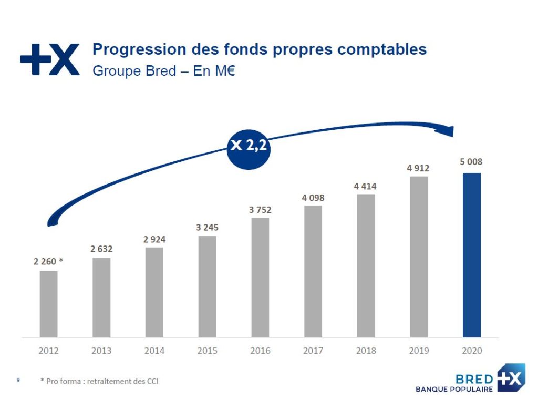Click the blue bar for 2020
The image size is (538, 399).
472,255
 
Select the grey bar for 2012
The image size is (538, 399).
49,304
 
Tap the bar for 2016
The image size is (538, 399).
260,278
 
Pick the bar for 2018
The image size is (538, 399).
366,266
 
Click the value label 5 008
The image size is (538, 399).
471,162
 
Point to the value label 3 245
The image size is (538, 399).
207,227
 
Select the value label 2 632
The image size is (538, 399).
101,249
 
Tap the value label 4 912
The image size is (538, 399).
418,168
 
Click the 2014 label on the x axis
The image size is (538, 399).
154,351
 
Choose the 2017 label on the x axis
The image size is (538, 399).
313,351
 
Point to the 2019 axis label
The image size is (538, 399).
419,351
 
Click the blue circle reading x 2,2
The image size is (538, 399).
249,149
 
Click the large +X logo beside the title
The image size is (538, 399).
50,59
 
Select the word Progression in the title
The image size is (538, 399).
139,49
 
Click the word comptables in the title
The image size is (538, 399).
382,49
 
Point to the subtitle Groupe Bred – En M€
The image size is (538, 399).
164,71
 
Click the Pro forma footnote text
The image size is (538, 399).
99,381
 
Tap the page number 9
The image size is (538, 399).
18,380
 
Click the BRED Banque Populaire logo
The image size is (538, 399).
471,378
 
